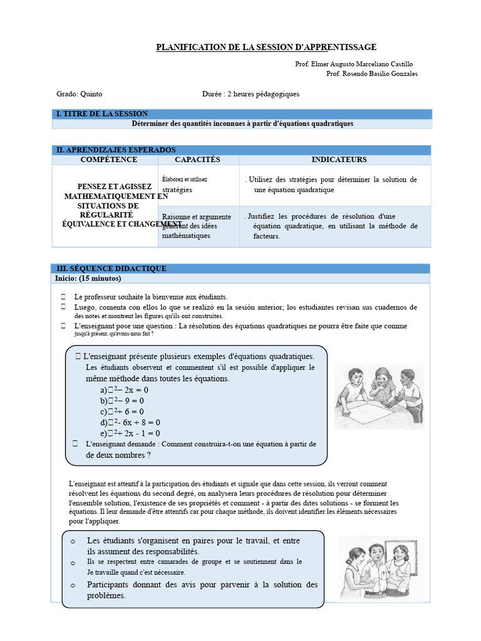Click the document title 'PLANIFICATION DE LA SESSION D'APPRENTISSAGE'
point(266,47)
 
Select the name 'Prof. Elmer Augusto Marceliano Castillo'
point(354,64)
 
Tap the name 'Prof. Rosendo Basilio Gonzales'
point(372,74)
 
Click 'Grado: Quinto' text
point(80,94)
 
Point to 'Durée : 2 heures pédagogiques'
point(251,94)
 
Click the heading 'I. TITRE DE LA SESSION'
point(102,114)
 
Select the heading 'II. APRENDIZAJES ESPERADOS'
point(116,150)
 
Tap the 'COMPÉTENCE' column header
point(108,160)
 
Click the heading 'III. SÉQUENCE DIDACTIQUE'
point(111,269)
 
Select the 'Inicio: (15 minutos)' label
point(88,278)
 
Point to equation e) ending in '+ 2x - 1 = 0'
point(130,433)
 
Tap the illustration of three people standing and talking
point(378,567)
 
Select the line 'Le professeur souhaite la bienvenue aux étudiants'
point(151,297)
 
